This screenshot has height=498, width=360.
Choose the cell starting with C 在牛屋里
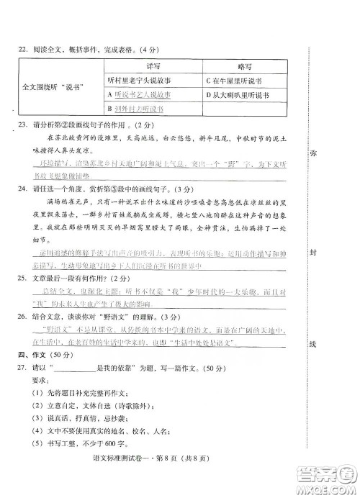233,80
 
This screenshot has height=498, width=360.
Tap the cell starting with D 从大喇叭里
237,94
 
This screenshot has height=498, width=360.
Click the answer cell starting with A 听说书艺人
138,94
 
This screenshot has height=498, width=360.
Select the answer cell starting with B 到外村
135,109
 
